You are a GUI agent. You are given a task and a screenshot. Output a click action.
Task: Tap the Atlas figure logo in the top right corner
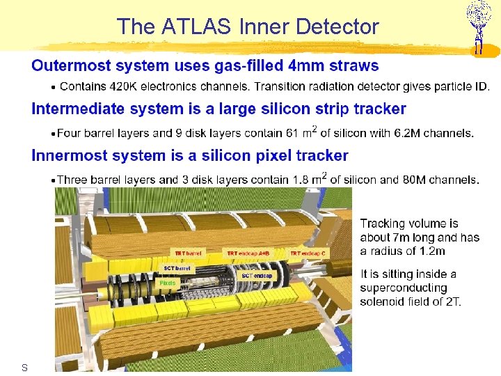pos(478,26)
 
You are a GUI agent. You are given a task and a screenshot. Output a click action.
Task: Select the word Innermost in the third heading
pos(67,155)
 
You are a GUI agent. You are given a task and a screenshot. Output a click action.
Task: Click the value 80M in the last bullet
pos(413,180)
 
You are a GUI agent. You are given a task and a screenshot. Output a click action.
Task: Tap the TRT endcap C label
pos(308,253)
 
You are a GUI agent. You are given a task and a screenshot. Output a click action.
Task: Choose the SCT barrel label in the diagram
pos(177,268)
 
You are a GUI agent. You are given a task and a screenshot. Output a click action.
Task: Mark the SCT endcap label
pos(257,276)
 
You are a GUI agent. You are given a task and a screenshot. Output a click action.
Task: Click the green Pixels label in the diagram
pos(168,283)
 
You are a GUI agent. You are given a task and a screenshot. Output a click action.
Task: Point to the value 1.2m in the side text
pos(431,251)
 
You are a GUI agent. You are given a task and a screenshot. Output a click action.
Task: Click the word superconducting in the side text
pos(404,288)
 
